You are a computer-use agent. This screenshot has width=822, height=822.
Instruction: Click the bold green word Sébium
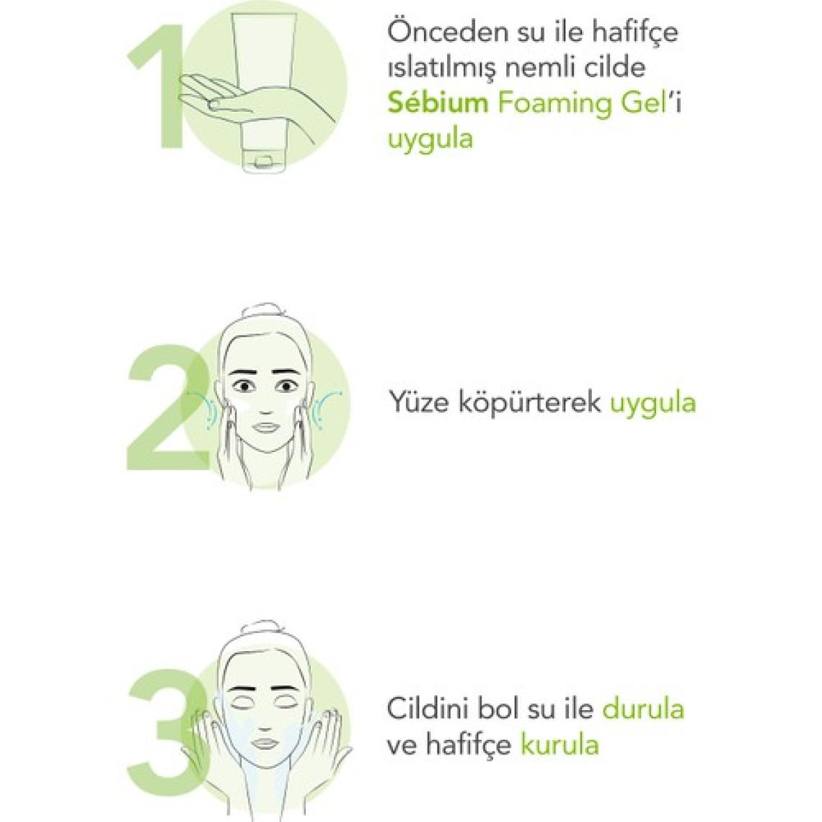[x=438, y=102]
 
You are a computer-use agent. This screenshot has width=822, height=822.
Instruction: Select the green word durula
[x=643, y=709]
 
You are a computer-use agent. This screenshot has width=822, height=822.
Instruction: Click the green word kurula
[x=559, y=744]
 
